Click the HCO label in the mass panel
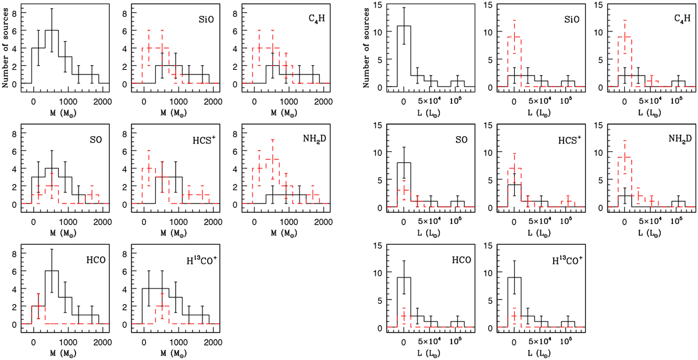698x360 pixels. click(x=84, y=259)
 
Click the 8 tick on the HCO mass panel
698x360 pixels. click(x=16, y=252)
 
